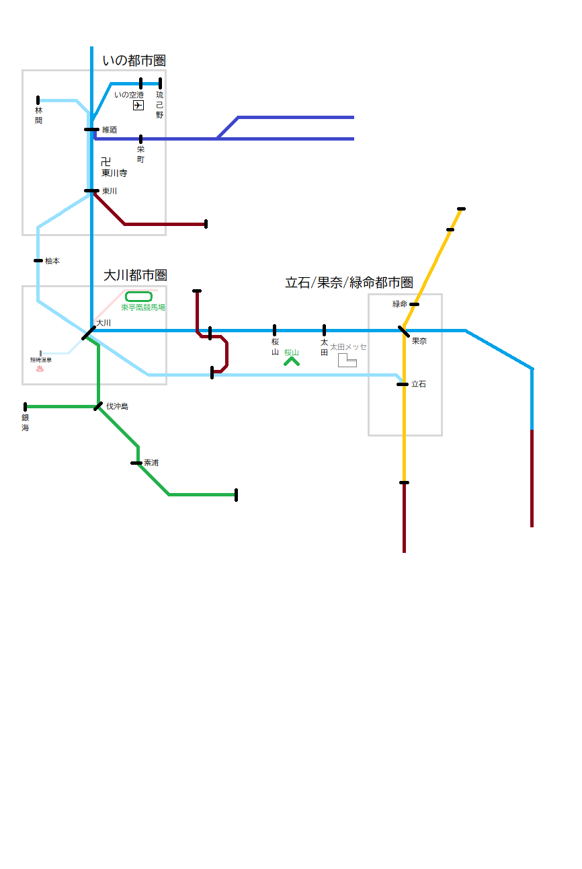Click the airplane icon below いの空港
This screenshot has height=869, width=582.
click(x=138, y=106)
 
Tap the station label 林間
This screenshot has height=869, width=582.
click(x=38, y=115)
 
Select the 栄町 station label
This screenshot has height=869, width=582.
click(x=140, y=154)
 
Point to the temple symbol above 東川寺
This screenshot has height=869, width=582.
click(x=106, y=162)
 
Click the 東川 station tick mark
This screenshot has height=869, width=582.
click(x=92, y=191)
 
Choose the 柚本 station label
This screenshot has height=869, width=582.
click(x=52, y=261)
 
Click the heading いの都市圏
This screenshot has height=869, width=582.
click(x=134, y=61)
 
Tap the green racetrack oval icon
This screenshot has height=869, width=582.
click(x=138, y=296)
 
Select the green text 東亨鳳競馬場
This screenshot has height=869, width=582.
click(x=143, y=307)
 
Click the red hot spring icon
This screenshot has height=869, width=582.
click(x=40, y=369)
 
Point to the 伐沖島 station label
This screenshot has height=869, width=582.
click(x=117, y=406)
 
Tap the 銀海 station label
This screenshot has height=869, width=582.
click(x=26, y=422)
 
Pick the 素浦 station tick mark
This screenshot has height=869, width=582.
click(x=136, y=463)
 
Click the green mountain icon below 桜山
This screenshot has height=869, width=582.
click(x=291, y=361)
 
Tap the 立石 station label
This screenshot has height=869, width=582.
click(x=419, y=384)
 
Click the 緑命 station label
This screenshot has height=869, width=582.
click(x=400, y=304)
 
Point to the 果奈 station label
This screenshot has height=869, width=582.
click(x=419, y=341)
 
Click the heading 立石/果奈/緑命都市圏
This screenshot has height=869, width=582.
click(x=349, y=282)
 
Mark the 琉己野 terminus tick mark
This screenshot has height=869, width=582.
click(x=160, y=83)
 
